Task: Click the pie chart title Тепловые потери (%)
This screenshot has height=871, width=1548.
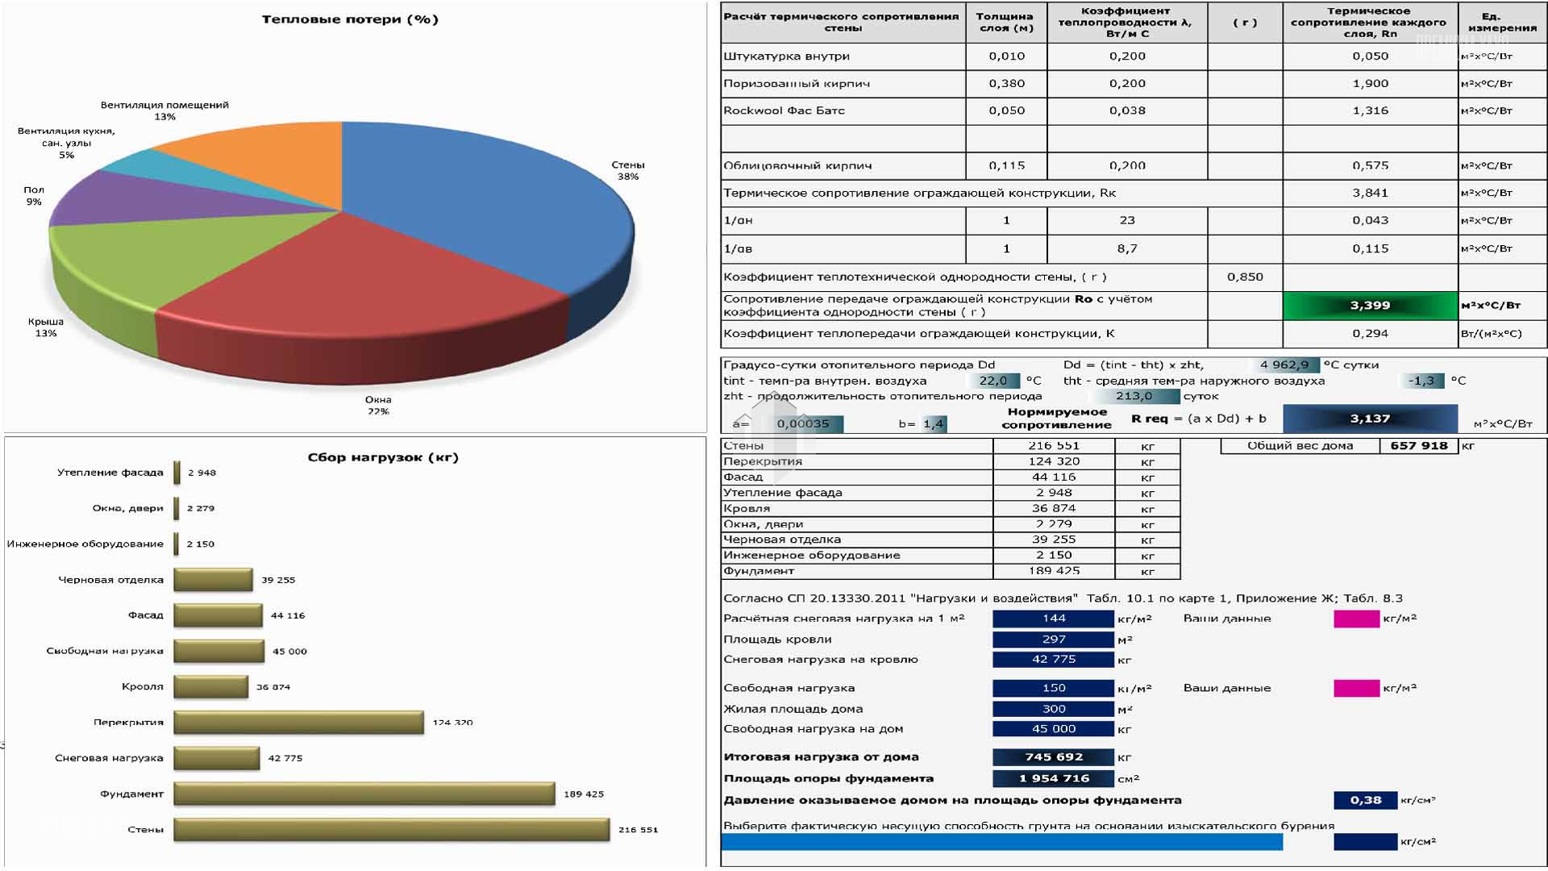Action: [x=350, y=19]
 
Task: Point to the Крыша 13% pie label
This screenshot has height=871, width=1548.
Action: [x=46, y=327]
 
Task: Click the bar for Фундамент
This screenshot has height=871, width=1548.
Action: [x=364, y=794]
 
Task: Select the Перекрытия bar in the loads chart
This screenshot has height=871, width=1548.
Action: [x=298, y=722]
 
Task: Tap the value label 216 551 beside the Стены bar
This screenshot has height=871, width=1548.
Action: [x=638, y=829]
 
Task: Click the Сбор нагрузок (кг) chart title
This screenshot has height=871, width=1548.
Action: [x=383, y=457]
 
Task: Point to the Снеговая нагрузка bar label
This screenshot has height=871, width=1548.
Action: [x=109, y=758]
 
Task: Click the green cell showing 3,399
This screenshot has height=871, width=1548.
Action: [x=1370, y=306]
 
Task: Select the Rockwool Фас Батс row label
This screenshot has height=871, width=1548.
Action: [x=784, y=110]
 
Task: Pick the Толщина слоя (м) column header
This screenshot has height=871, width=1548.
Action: [x=1005, y=22]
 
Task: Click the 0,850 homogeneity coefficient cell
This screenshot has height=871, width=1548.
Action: [x=1245, y=277]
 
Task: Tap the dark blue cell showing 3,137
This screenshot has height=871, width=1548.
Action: [x=1370, y=419]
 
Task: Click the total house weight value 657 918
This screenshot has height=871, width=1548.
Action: [x=1418, y=445]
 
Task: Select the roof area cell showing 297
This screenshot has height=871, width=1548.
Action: [x=1053, y=639]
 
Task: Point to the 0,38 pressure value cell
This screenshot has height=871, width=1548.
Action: [x=1365, y=800]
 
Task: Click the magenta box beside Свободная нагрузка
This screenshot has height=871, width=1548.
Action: [x=1356, y=688]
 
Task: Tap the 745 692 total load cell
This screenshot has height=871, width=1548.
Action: [x=1053, y=756]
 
